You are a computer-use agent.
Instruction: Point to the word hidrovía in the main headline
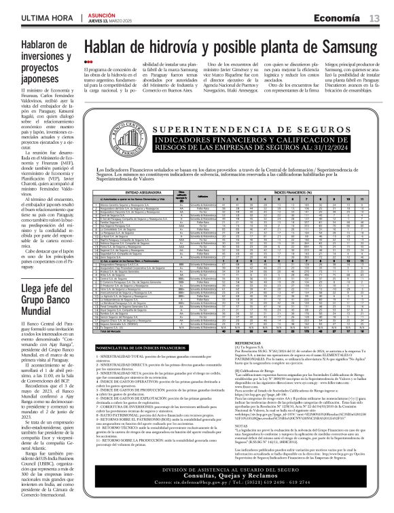[172, 47]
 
